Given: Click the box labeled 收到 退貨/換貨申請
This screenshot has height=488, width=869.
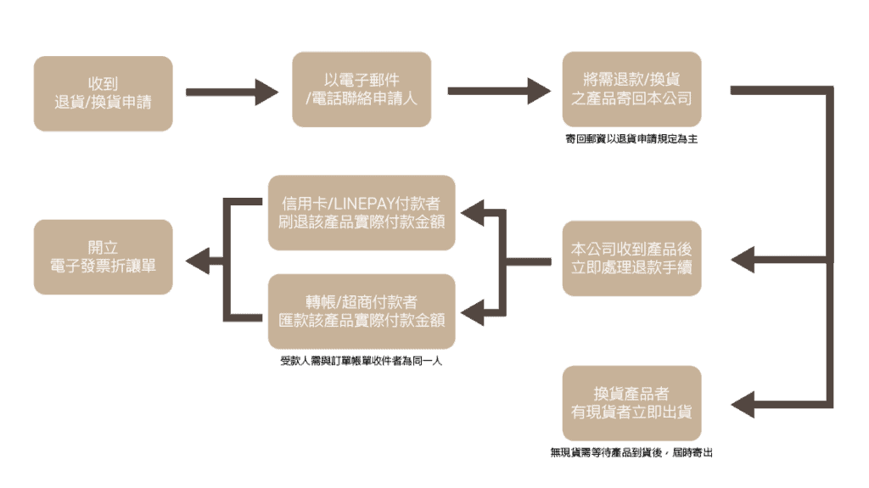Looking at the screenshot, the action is point(103,93).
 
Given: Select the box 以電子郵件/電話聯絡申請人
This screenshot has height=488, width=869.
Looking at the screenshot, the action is point(362,89).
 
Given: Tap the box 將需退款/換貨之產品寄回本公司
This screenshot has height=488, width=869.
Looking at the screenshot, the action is point(631,89).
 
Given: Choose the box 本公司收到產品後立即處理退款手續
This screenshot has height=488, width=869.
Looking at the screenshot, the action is point(631,258).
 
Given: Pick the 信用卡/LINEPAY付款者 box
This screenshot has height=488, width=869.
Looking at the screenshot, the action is point(362,213).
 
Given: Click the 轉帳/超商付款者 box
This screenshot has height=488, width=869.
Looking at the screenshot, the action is point(362,311).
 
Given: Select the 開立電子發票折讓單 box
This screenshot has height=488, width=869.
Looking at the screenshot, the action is point(103,257).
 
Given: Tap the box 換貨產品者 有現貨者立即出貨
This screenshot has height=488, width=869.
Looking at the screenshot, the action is point(631,403).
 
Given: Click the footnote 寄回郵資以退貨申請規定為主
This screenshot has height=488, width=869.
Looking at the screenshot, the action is point(631,138).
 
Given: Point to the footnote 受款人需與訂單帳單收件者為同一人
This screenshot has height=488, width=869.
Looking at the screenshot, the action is point(362,361).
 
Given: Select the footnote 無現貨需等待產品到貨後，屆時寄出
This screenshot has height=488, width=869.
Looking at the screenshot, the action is point(631,452).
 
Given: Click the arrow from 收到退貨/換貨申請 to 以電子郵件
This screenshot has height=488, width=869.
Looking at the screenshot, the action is point(233,92).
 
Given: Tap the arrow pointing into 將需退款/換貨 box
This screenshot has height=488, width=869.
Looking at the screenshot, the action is point(499,91).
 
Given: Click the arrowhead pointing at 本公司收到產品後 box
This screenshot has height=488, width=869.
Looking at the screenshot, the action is point(743,260).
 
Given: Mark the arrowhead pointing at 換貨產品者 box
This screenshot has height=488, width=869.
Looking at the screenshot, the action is point(743,404).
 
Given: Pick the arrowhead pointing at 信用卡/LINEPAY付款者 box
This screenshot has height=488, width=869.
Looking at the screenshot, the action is point(472,213).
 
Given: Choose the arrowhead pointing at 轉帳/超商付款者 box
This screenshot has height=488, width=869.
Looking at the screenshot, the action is point(472,313).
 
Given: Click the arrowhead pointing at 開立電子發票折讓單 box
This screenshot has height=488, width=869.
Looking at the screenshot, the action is point(197,261).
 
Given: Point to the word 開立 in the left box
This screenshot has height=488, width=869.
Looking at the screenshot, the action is point(103,247).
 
